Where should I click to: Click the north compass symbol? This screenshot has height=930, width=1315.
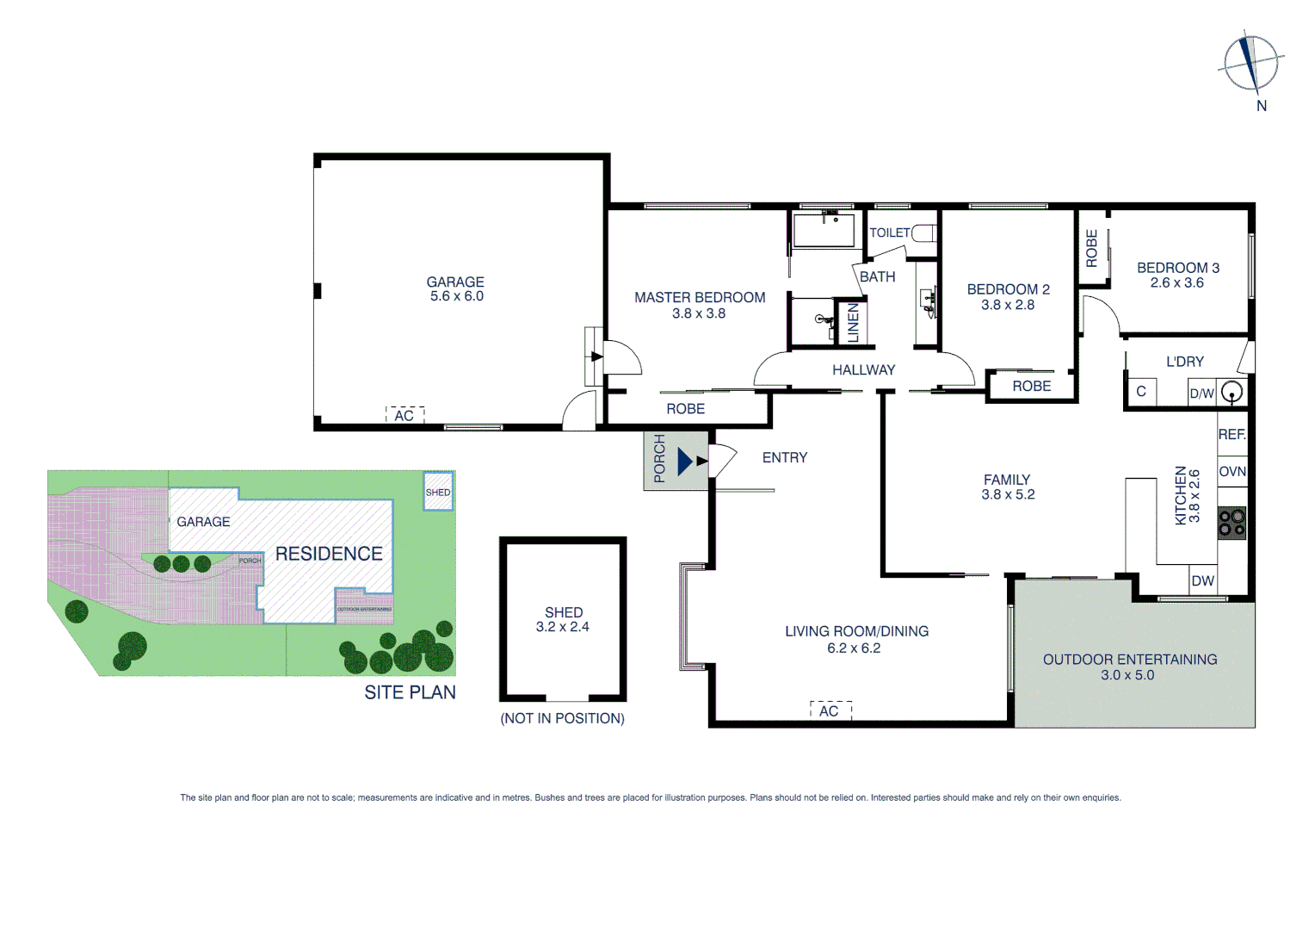click(x=1251, y=64)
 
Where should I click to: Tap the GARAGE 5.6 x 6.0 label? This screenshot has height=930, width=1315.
click(x=456, y=289)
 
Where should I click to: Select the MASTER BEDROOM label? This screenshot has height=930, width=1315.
click(x=700, y=298)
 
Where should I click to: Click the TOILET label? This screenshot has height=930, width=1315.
click(x=889, y=233)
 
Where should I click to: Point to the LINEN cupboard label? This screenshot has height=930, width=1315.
click(x=854, y=323)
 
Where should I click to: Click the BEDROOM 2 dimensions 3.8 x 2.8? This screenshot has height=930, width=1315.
click(x=1008, y=305)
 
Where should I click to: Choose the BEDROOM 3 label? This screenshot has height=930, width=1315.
click(x=1177, y=269)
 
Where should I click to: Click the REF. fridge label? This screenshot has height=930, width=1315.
click(x=1232, y=435)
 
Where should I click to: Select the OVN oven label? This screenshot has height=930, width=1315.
click(x=1232, y=472)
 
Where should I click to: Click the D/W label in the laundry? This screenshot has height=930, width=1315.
click(x=1201, y=394)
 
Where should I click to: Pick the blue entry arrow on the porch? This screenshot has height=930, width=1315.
click(x=685, y=462)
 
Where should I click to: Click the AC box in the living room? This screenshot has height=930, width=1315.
click(x=830, y=710)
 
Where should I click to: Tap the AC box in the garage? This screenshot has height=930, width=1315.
click(x=404, y=416)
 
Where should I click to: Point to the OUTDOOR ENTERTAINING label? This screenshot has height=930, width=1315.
click(x=1130, y=660)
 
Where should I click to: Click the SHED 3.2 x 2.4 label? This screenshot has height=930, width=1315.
click(x=564, y=620)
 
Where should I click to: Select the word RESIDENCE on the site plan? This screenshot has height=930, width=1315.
click(x=329, y=554)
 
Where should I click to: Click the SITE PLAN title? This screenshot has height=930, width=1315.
click(x=410, y=692)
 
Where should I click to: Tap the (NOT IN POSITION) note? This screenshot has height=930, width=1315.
click(x=563, y=718)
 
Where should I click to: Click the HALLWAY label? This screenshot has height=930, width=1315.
click(x=863, y=370)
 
